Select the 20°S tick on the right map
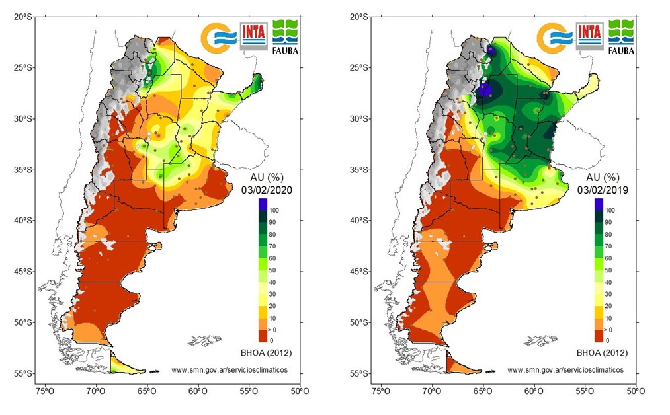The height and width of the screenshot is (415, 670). (x=358, y=17)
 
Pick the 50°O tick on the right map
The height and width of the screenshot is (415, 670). (x=636, y=391)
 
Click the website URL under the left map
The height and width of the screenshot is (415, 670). (x=229, y=371)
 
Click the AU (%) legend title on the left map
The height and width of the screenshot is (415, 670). (x=267, y=178)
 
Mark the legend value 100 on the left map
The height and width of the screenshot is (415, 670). (x=274, y=210)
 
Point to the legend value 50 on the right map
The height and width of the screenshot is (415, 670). (x=608, y=270)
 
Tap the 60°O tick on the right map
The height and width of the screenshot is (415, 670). (x=534, y=391)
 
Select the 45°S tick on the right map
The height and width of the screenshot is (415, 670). (x=358, y=272)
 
